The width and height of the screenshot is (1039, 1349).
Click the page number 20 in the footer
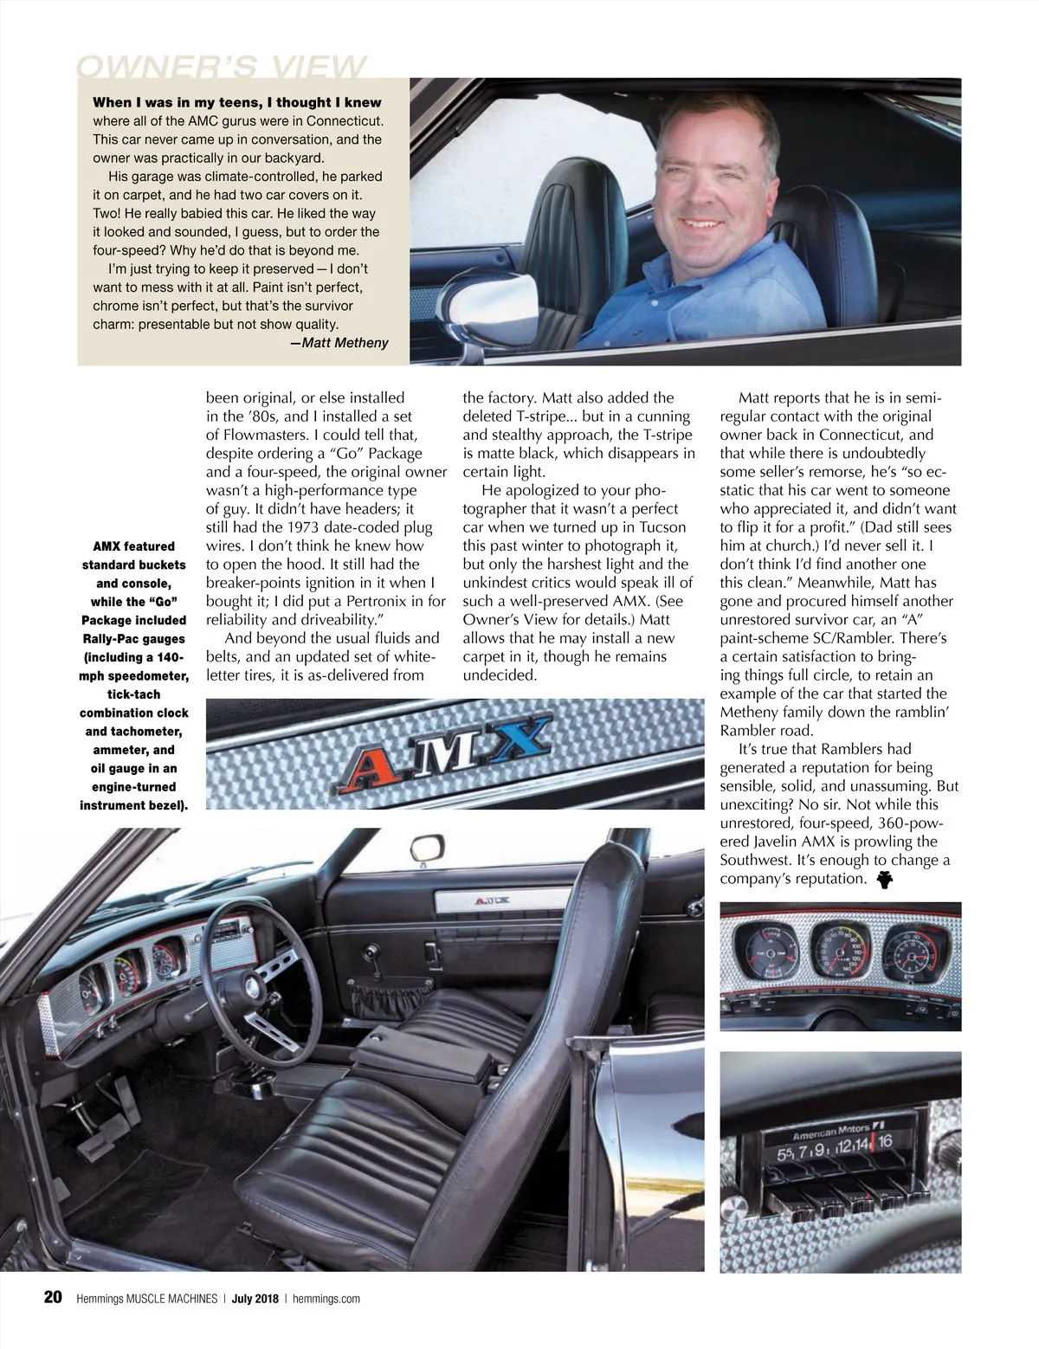pos(52,1297)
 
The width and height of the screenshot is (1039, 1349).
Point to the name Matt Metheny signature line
pos(339,343)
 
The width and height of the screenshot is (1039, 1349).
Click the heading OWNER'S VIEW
pos(222,67)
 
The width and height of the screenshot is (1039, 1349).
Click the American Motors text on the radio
pos(830,1132)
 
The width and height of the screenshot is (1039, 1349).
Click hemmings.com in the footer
pos(326,1298)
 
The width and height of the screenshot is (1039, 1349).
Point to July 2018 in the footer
pos(255,1298)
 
